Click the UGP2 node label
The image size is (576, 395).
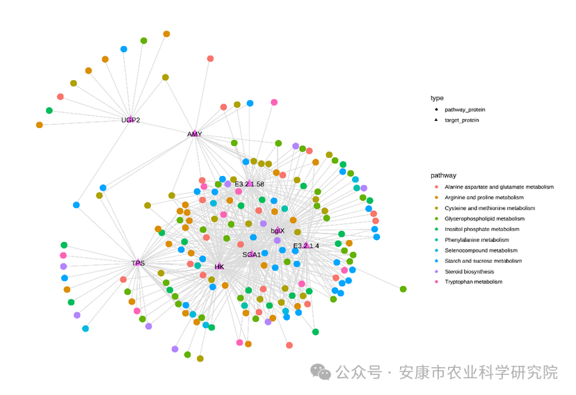(131, 120)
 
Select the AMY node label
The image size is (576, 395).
(194, 134)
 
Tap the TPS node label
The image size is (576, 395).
(138, 263)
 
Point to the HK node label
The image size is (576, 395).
(219, 266)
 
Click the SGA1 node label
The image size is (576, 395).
(252, 255)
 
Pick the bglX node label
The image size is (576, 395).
(278, 230)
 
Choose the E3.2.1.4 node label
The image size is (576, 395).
(306, 245)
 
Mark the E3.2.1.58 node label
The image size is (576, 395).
(249, 184)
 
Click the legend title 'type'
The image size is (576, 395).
(437, 98)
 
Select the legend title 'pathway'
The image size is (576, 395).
(443, 175)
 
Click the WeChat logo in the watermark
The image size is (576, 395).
(321, 372)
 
